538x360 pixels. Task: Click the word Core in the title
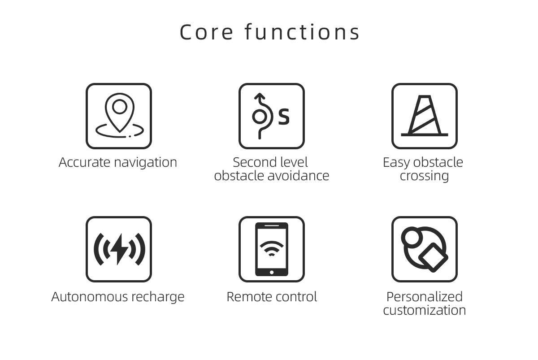click(206, 32)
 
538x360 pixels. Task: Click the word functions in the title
click(302, 32)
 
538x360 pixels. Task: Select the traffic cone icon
click(425, 116)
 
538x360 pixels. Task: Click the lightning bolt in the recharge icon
click(119, 249)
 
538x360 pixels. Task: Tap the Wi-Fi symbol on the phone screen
click(272, 248)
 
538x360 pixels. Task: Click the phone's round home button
click(272, 272)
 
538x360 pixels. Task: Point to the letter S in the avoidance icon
click(284, 117)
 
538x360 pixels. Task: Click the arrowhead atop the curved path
click(260, 96)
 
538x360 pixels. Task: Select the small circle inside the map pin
click(120, 107)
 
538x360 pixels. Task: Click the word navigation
click(146, 163)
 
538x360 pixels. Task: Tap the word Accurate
click(85, 162)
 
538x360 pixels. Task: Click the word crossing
click(425, 177)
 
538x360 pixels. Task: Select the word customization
click(425, 310)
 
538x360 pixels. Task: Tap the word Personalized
click(425, 297)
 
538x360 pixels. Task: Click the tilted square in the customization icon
click(433, 257)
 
